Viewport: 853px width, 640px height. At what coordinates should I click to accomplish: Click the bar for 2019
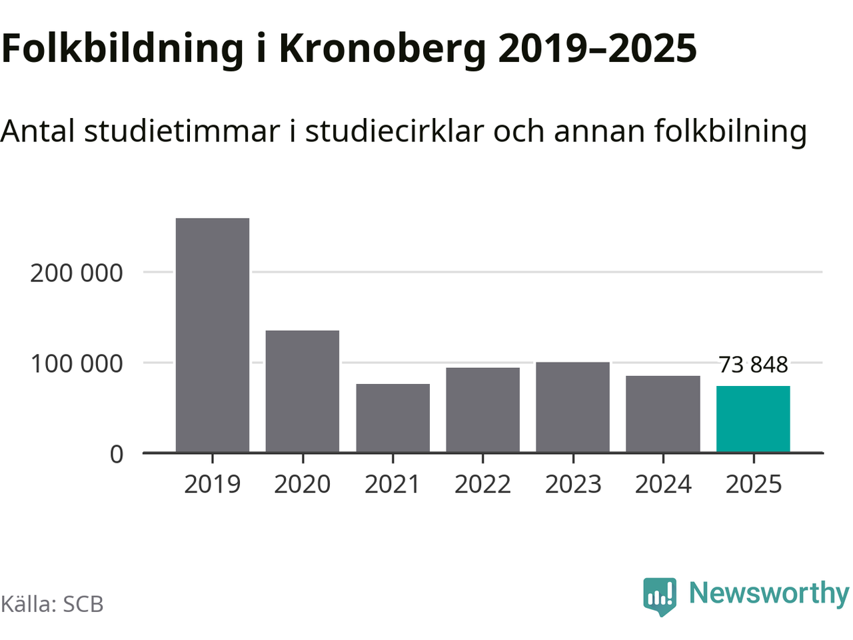[213, 335]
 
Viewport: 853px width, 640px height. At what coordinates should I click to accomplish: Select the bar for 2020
[303, 391]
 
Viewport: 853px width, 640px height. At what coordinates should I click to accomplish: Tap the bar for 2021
[393, 418]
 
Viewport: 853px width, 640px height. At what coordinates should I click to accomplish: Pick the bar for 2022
[482, 410]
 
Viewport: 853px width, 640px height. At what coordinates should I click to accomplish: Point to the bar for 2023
[572, 407]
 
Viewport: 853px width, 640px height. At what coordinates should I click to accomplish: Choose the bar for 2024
[663, 414]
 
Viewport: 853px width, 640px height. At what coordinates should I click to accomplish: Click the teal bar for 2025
[753, 419]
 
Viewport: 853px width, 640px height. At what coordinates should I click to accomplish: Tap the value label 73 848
[753, 365]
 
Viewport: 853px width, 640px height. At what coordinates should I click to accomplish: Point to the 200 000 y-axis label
[77, 273]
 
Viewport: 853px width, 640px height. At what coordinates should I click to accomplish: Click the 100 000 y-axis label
[77, 364]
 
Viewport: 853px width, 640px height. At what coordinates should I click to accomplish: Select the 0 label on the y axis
[117, 454]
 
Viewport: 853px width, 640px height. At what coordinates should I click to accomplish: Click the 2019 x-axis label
[213, 484]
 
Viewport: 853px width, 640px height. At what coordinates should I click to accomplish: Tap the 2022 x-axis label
[482, 484]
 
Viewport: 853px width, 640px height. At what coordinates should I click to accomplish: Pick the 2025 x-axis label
[753, 484]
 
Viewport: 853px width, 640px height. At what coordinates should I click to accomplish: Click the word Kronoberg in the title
[383, 49]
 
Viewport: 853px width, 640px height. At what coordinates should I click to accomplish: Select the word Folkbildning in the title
[123, 49]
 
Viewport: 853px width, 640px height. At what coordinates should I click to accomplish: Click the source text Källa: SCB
[52, 604]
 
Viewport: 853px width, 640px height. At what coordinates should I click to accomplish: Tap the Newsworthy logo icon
[660, 595]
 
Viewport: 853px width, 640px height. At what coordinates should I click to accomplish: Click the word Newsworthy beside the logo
[768, 593]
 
